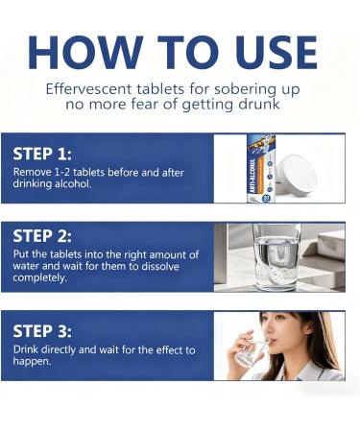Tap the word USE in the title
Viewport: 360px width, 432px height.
[x=277, y=53]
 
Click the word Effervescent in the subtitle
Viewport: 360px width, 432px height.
[x=88, y=89]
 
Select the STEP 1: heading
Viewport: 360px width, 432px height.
[x=42, y=154]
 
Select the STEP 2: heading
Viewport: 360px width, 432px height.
[x=42, y=236]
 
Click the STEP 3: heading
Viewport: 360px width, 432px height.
[x=42, y=331]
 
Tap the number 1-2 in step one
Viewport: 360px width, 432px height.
[x=61, y=173]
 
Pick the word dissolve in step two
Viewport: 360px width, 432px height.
[x=160, y=266]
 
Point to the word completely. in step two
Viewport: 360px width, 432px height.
[x=40, y=277]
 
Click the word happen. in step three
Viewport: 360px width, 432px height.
[x=32, y=361]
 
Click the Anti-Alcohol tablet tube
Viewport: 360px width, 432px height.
[x=261, y=168]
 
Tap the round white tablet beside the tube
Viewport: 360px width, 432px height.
[x=297, y=175]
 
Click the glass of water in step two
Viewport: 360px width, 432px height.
[x=276, y=257]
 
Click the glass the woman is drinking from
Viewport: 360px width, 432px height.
[x=251, y=352]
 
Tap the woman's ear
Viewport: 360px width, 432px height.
[x=309, y=327]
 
